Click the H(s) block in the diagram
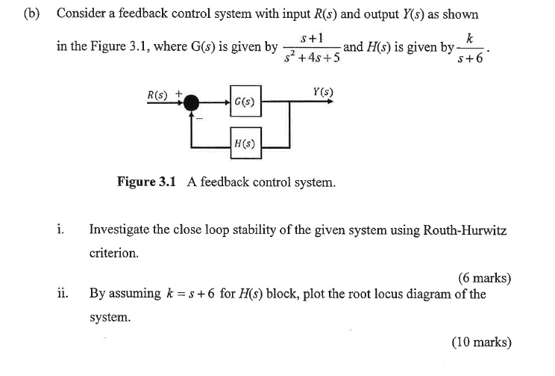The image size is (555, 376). click(245, 141)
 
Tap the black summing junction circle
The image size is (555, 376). click(192, 101)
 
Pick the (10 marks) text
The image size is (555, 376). click(481, 342)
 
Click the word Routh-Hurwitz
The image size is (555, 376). click(465, 229)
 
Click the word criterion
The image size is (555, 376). click(113, 253)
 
